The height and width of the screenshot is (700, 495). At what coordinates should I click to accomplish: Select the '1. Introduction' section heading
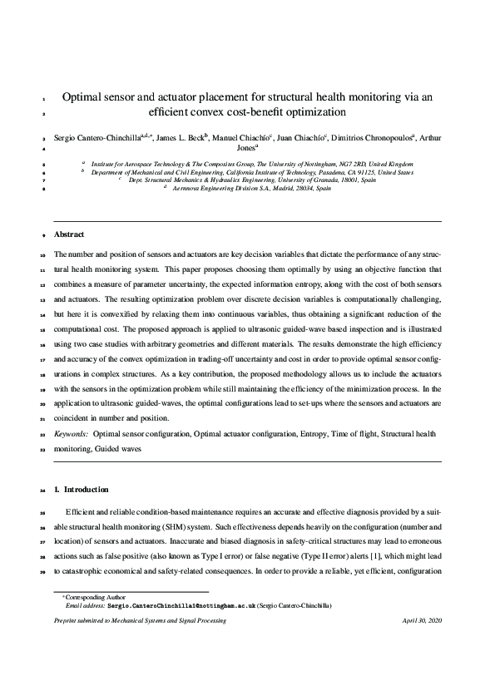point(81,489)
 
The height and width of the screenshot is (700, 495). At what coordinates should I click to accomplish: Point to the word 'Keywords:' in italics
point(72,433)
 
